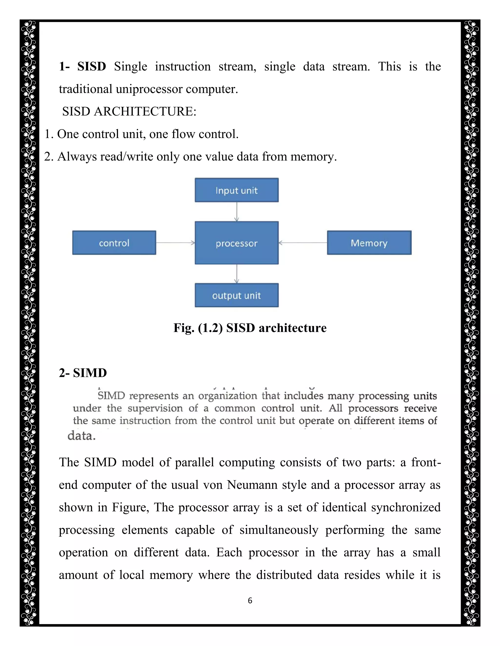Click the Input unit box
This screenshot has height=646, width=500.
point(236,190)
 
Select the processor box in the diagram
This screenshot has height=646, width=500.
point(236,243)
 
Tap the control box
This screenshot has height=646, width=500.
point(114,243)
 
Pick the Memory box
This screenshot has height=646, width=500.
point(369,243)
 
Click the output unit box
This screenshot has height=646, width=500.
point(236,295)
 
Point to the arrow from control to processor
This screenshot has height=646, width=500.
point(175,243)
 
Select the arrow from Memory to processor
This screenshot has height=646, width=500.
point(303,243)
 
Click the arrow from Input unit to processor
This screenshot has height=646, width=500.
point(236,212)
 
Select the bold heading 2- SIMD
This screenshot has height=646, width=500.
point(83,373)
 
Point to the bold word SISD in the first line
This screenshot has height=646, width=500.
point(92,67)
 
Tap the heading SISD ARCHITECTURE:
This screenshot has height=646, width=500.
point(129,111)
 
